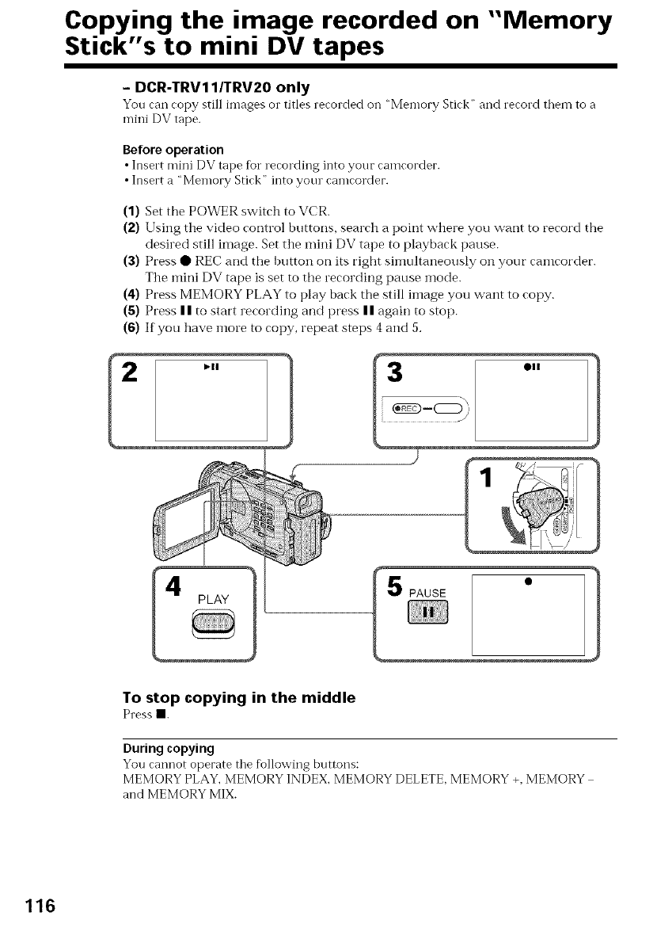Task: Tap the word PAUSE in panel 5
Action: click(x=428, y=593)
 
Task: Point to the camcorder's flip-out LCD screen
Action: click(x=182, y=523)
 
